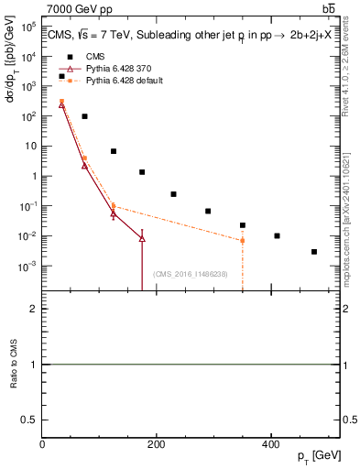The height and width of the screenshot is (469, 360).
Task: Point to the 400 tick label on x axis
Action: [x=270, y=445]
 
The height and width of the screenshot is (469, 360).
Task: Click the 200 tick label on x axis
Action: [x=157, y=445]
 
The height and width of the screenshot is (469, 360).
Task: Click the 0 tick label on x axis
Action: [x=42, y=445]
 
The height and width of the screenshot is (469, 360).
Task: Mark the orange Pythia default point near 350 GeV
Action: [x=243, y=241]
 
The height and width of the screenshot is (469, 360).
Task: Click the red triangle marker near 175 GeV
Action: [x=142, y=238]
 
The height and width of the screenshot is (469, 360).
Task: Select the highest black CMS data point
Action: [x=61, y=76]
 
